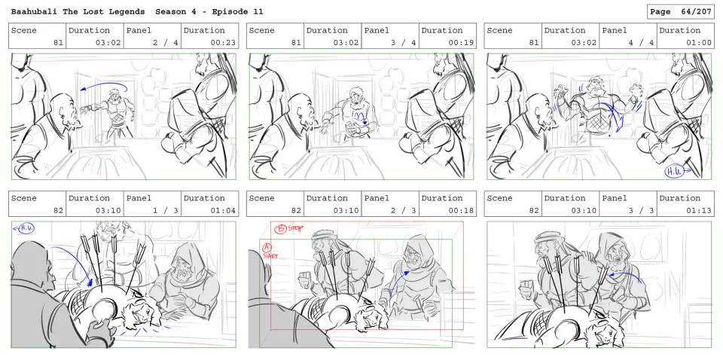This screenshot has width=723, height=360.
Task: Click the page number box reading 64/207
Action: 680,11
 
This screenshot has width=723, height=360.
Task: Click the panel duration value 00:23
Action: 224,43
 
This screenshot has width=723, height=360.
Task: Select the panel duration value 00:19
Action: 462,43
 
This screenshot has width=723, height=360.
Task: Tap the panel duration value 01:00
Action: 700,43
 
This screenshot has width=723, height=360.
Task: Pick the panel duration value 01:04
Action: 224,211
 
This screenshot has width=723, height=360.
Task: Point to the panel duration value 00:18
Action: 462,211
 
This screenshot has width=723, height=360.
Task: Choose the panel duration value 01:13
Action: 700,211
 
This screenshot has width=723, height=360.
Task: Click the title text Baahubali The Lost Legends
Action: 78,11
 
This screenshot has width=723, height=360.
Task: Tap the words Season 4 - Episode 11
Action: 209,11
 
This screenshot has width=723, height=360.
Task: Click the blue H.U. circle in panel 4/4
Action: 673,172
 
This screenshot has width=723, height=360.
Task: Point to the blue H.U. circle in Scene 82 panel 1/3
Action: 27,227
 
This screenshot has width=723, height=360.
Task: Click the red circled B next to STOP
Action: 280,229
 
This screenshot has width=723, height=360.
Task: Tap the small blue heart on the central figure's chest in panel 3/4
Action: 365,123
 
